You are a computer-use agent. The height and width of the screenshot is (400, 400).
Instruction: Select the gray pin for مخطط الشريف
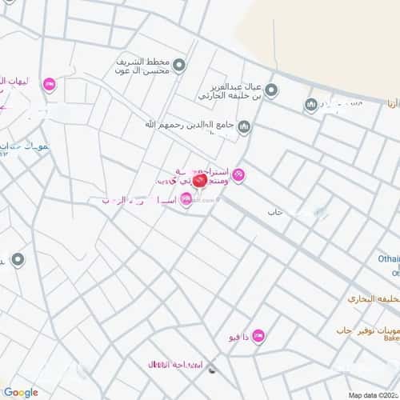pyautogui.click(x=180, y=65)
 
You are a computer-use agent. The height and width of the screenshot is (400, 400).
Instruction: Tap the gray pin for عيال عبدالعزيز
pyautogui.click(x=271, y=90)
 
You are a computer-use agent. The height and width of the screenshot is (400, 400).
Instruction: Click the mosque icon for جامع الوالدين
pyautogui.click(x=244, y=126)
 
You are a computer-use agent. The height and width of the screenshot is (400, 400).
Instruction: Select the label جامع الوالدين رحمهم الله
pyautogui.click(x=191, y=125)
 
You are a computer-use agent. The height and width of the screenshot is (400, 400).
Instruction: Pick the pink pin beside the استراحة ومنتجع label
pyautogui.click(x=238, y=175)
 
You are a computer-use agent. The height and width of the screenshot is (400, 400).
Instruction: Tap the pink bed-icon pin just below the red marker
pyautogui.click(x=186, y=200)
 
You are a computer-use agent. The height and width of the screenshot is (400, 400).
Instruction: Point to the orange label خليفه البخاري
pyautogui.click(x=372, y=298)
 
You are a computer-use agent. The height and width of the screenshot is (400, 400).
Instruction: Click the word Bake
pyautogui.click(x=390, y=339)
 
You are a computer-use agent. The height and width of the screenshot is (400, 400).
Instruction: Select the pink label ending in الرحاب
pyautogui.click(x=136, y=200)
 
